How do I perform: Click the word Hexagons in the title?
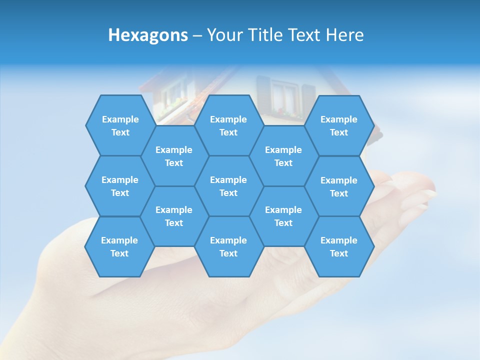click(148, 35)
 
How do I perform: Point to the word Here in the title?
click(345, 35)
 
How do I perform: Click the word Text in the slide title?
click(306, 35)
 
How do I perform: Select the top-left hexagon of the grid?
click(120, 125)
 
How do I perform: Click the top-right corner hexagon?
click(339, 125)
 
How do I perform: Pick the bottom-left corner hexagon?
click(119, 246)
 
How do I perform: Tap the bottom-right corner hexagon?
click(339, 246)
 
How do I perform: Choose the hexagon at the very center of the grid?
click(228, 186)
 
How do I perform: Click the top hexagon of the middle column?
click(228, 125)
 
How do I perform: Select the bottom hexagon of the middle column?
click(228, 246)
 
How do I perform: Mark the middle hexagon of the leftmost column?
click(120, 186)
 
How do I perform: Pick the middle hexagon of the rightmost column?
click(339, 186)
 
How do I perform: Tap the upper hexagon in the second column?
click(174, 156)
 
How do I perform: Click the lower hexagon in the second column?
click(174, 216)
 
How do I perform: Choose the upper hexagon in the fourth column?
click(283, 156)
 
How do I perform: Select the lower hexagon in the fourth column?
click(283, 216)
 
